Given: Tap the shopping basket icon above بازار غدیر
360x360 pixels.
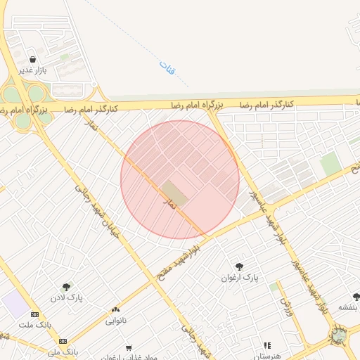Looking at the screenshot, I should pos(33,59).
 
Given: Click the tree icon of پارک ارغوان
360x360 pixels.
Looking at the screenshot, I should pos(239,266).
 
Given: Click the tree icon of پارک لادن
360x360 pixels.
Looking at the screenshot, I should pos(66,286).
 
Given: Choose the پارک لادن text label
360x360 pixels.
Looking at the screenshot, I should pos(66,297).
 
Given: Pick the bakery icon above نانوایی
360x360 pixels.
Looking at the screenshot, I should pos(115,309).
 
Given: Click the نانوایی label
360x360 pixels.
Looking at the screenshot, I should pos(116,321).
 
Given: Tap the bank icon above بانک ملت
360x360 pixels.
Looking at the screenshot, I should pos(35,314).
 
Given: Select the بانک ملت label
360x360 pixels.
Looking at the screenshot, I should pos(36,325).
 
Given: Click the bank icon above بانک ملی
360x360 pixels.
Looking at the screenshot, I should pos(63,340).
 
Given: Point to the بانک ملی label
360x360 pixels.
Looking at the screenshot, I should pos(63,351).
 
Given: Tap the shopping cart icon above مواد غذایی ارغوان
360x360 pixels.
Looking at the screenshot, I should pos(128,347).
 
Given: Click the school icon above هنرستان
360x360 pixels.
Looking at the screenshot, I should pos(267,345).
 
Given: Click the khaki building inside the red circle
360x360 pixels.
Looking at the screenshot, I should pos(175,193).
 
